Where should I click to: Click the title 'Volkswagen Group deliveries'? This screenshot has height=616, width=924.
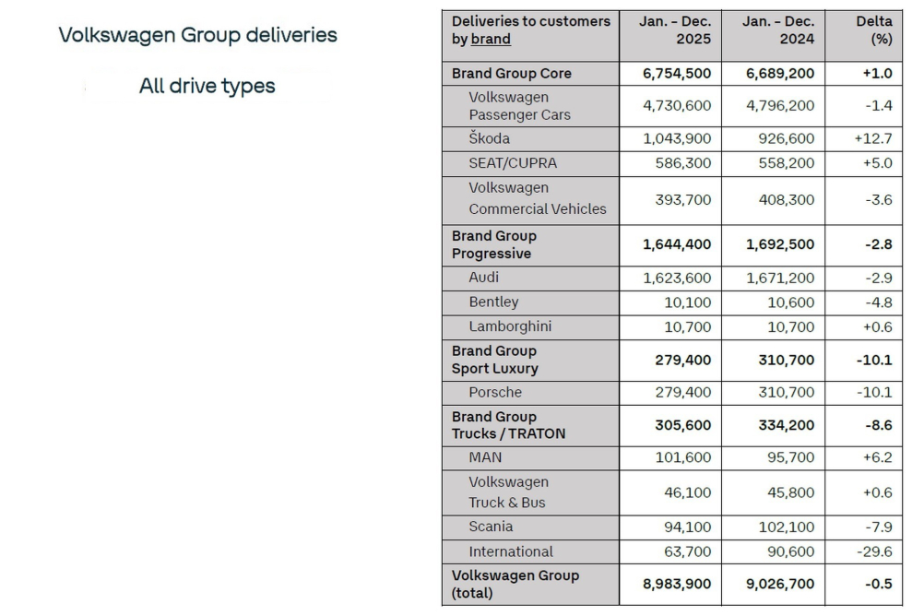(197, 35)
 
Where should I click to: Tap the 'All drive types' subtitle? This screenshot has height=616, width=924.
(207, 86)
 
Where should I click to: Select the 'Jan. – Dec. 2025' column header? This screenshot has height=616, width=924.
(676, 30)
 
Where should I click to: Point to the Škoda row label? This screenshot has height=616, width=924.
(489, 138)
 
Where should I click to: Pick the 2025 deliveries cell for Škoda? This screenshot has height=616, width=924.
(677, 138)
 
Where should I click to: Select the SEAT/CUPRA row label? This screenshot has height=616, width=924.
(513, 163)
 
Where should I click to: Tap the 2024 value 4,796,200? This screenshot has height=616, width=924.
(780, 105)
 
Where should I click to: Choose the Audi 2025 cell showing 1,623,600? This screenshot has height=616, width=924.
(677, 277)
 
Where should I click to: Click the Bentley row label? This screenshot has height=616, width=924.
(493, 302)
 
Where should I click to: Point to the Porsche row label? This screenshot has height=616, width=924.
(494, 392)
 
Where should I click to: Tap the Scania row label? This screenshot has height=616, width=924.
(491, 527)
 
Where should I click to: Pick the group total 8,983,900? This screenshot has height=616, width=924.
(677, 584)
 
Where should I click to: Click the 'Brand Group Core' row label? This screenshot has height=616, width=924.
(511, 73)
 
